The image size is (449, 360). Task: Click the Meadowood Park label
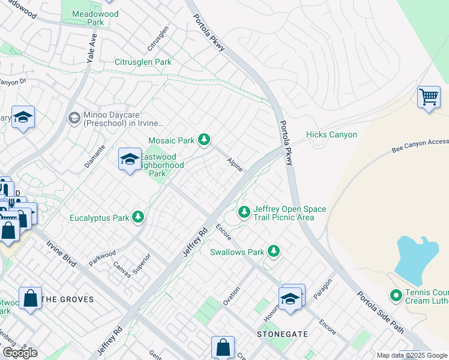(x=88, y=18)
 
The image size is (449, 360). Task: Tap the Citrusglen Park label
(x=143, y=62)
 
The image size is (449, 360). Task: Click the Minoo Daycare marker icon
(x=74, y=117)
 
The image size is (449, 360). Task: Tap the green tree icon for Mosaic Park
(x=204, y=140)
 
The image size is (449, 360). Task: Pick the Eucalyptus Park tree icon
(x=139, y=217)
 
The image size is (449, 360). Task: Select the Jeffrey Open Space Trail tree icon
(x=244, y=212)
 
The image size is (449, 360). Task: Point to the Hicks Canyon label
(x=331, y=135)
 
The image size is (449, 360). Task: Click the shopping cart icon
(x=429, y=97)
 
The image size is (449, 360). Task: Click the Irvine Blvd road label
(x=67, y=254)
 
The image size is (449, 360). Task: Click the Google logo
(x=20, y=352)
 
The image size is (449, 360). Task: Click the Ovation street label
(x=232, y=296)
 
